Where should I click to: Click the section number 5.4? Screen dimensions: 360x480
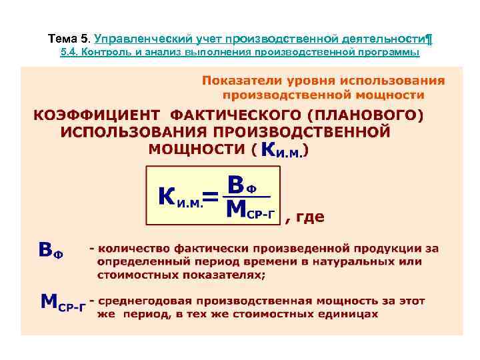(x=70, y=52)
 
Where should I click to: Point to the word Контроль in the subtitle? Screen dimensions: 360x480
(x=109, y=52)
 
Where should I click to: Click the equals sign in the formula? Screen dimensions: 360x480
(x=209, y=197)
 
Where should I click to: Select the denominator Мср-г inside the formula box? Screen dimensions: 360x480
(x=251, y=209)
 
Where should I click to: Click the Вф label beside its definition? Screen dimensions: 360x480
(x=50, y=251)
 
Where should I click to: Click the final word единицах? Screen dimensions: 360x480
(x=347, y=313)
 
